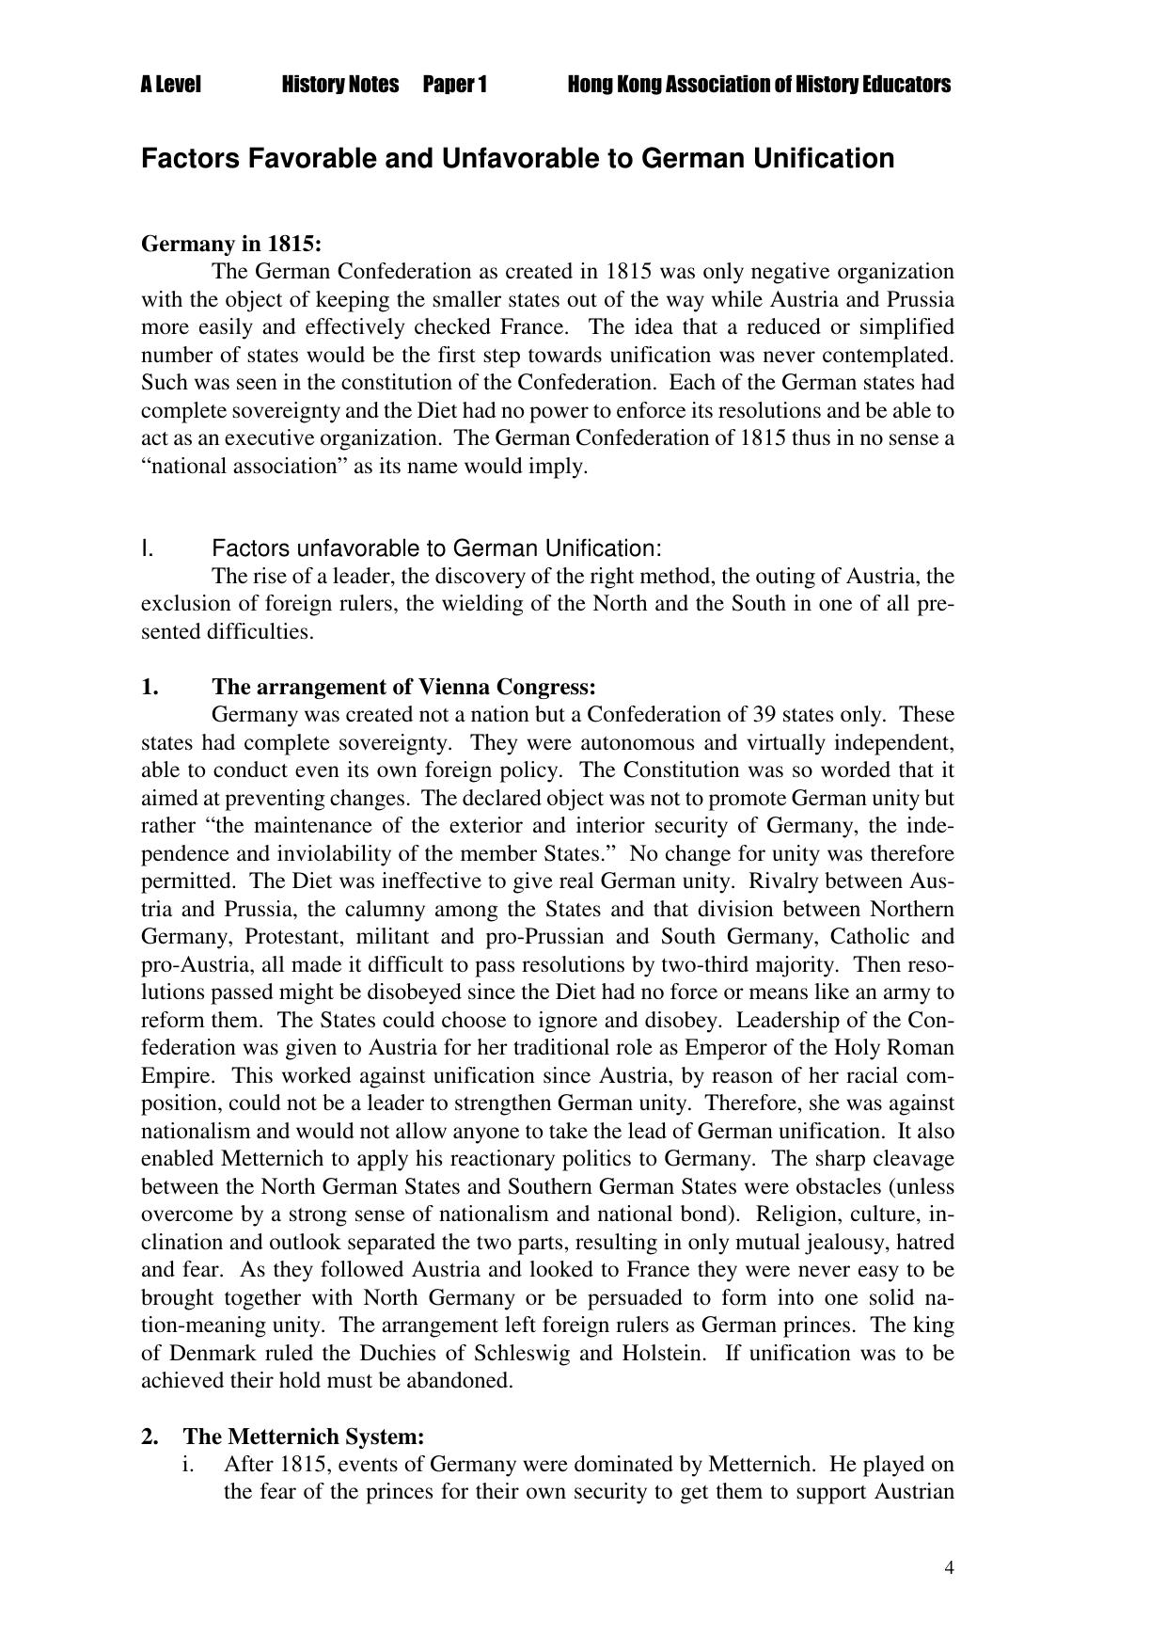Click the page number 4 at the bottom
pyautogui.click(x=950, y=1567)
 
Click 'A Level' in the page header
pyautogui.click(x=171, y=85)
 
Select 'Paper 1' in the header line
pyautogui.click(x=454, y=85)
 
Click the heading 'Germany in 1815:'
pyautogui.click(x=231, y=244)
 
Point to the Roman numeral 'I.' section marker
pyautogui.click(x=148, y=548)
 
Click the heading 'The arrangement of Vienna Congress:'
pyautogui.click(x=404, y=686)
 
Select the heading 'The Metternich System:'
pyautogui.click(x=304, y=1437)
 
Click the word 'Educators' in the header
pyautogui.click(x=906, y=85)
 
